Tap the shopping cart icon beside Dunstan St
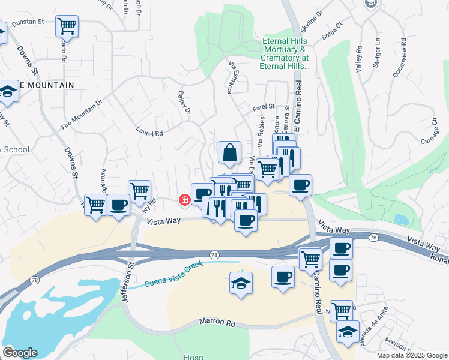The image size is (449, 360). pos(67,26)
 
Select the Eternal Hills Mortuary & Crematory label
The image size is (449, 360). pos(285,54)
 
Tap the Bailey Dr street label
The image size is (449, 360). pos(184,103)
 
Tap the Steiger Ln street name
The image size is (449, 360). pos(378,53)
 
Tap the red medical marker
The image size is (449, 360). pos(185,199)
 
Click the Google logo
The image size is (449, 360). pos(20,353)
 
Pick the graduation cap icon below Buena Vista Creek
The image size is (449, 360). pos(241,283)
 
